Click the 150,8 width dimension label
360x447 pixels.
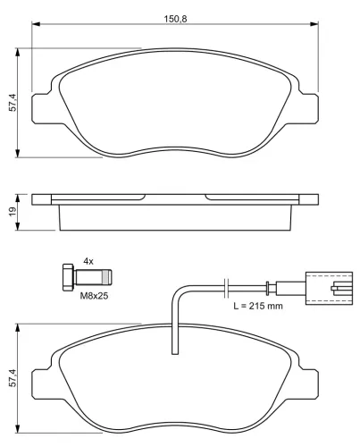[x=175, y=19]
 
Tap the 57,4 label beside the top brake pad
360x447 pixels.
[x=13, y=103]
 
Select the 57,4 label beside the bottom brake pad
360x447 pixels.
[x=13, y=378]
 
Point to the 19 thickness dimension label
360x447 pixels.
[x=13, y=212]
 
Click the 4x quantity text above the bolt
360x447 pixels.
[x=88, y=261]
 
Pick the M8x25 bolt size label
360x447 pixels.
[x=94, y=296]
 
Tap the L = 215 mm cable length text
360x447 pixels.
[x=258, y=306]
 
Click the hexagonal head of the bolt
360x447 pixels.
[x=69, y=277]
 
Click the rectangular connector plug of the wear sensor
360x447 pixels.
[x=329, y=288]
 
